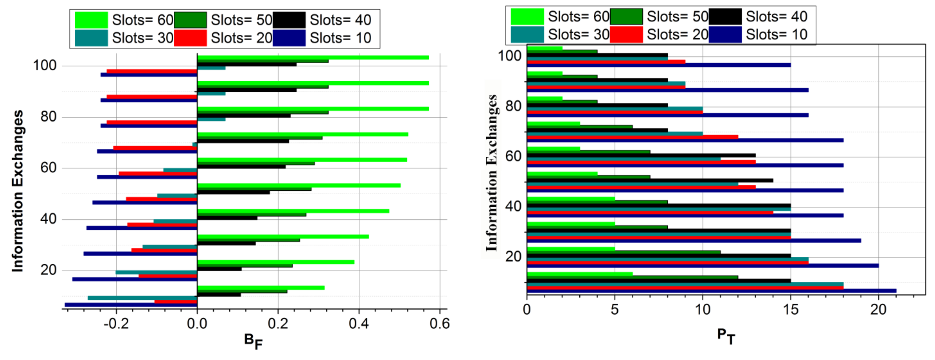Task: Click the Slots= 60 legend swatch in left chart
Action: point(91,20)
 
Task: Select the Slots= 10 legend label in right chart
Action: point(776,34)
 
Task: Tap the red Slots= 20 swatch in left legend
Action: point(190,38)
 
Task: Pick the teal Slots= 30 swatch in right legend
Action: point(527,34)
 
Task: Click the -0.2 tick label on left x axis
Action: point(116,323)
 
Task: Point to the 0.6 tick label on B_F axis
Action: point(439,323)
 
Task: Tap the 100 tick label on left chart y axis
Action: point(45,66)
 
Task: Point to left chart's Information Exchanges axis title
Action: point(17,191)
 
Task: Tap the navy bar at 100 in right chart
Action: point(659,65)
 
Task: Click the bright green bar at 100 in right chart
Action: point(545,48)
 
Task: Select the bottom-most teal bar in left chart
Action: point(142,298)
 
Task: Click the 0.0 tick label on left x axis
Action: point(197,323)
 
